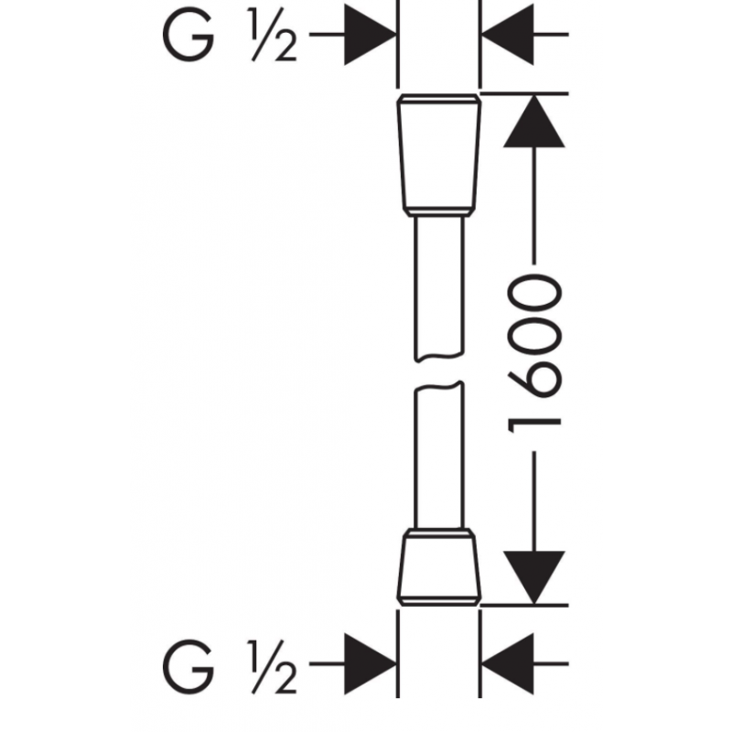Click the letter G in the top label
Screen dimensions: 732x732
(188, 34)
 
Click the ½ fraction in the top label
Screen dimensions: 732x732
(273, 34)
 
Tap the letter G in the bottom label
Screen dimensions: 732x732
(188, 667)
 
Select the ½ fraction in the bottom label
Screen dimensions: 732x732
(273, 667)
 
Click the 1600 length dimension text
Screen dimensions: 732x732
(534, 353)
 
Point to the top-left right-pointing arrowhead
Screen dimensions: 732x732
(370, 34)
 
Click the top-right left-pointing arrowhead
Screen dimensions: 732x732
(508, 34)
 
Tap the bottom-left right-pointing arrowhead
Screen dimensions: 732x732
(370, 663)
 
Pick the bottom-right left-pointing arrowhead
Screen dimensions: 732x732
(508, 663)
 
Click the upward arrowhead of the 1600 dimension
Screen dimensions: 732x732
(534, 121)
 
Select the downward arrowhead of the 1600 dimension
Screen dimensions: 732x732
(534, 577)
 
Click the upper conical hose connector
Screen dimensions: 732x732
(439, 155)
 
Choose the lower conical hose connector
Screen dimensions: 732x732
(439, 567)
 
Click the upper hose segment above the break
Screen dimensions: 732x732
(439, 287)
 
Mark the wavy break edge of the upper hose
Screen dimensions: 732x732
(439, 357)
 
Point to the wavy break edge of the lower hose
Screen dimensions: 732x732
(439, 386)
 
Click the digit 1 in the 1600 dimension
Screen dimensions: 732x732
(534, 425)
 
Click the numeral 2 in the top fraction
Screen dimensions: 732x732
(285, 48)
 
